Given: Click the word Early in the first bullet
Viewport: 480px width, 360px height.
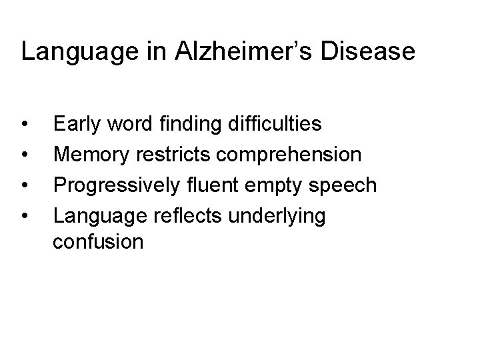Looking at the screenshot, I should pos(75,125).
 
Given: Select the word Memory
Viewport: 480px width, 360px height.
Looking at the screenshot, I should pos(90,155).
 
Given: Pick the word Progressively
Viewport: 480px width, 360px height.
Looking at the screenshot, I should pos(115,186).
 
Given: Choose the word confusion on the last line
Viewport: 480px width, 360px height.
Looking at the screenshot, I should pos(98,241).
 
